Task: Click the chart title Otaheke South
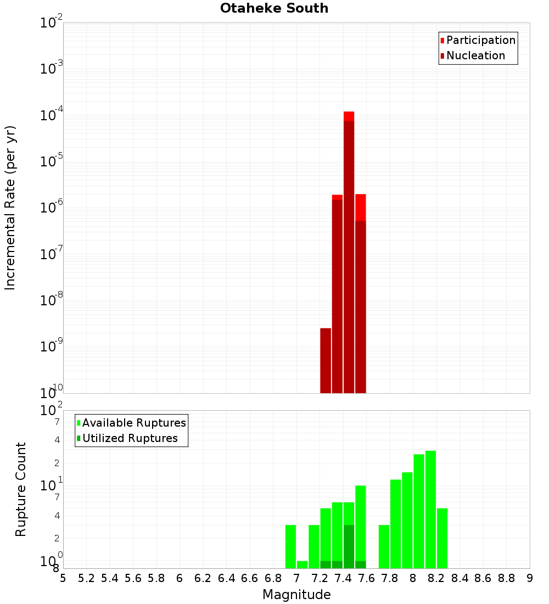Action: [274, 8]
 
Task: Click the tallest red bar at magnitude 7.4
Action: [349, 253]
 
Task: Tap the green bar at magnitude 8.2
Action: [442, 538]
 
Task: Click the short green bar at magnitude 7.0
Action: [302, 564]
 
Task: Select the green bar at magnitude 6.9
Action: [290, 546]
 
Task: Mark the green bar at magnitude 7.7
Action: [384, 546]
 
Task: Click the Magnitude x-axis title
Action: [296, 595]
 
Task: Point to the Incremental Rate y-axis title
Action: [10, 208]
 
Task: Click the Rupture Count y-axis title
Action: [21, 489]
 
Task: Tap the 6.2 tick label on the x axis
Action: [203, 578]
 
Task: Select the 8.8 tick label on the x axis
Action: [506, 578]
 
